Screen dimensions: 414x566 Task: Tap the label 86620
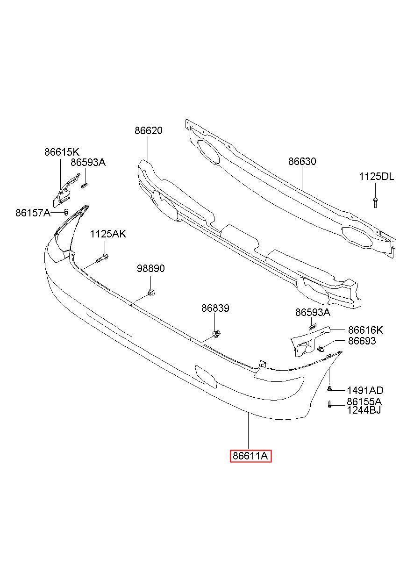[x=148, y=131]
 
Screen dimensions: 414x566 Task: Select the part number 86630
[x=302, y=161]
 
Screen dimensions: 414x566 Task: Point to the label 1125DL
[x=376, y=177]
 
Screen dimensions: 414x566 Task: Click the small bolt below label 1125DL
[x=375, y=202]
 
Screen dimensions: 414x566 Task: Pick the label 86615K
[x=62, y=152]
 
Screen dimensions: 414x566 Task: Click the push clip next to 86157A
[x=66, y=212]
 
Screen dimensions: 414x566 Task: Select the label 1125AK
[x=108, y=234]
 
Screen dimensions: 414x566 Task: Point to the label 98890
[x=151, y=268]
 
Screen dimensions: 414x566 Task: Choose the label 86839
[x=215, y=308]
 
